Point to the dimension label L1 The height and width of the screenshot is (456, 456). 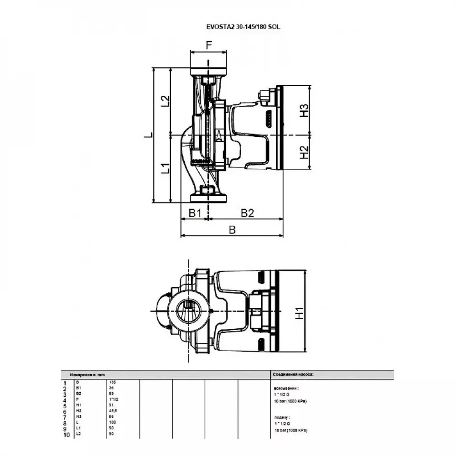point(165,169)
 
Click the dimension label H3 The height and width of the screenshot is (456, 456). point(304,111)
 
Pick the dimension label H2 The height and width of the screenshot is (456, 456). point(304,152)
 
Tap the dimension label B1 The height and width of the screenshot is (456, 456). point(195,213)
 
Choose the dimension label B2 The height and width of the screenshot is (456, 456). point(247,213)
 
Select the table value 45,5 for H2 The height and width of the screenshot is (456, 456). point(114,411)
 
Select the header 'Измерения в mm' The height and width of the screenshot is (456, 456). point(87,374)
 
